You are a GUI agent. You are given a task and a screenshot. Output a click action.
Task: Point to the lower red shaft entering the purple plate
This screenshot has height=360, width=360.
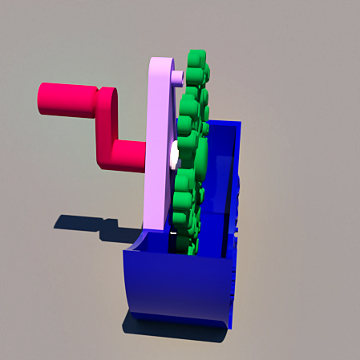130,155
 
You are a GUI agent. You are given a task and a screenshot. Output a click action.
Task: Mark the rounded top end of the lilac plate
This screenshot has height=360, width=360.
164,66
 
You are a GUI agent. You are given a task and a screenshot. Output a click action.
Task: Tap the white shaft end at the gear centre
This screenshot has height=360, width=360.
173,155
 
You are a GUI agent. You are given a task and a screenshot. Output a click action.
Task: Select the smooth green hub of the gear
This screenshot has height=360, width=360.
199,156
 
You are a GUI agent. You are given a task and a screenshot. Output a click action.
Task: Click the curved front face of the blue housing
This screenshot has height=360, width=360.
172,285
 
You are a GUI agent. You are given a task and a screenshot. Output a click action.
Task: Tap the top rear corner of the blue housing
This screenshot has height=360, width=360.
239,124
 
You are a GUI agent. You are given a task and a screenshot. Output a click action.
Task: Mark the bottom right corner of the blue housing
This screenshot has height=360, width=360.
231,326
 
